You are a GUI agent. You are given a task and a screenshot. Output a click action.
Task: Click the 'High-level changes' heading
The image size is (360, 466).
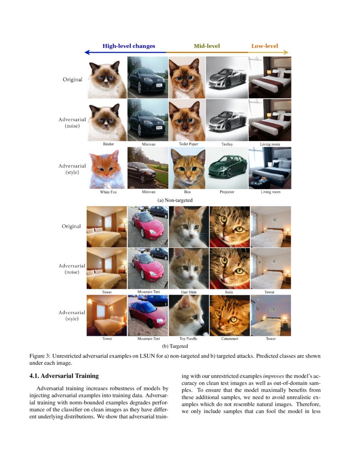pos(129,46)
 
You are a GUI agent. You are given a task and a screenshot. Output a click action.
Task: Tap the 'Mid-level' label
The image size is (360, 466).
pos(207,46)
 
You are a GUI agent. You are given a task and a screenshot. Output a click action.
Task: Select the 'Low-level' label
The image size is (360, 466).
pos(265,46)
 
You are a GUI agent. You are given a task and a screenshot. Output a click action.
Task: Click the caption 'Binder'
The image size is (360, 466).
pos(108,144)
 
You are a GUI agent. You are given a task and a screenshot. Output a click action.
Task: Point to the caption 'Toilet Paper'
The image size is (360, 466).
pos(188,144)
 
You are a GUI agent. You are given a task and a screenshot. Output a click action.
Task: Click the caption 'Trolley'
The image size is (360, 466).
pos(227,144)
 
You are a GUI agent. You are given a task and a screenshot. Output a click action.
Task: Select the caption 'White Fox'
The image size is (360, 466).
pos(108,192)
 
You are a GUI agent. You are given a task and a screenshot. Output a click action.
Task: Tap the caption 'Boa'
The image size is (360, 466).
pos(188,192)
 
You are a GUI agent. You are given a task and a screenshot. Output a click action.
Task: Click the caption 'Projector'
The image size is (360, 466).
pos(227,192)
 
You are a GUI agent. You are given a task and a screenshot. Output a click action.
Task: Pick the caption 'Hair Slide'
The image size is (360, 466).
pos(189,292)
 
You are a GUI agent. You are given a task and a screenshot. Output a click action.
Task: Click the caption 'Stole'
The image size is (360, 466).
pos(229,292)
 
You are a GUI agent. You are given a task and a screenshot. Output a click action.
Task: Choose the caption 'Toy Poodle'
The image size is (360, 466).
pos(189,339)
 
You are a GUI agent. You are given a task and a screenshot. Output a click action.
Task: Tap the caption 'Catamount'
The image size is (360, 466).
pos(229,339)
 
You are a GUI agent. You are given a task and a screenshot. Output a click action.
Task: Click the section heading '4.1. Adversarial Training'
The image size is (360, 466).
pos(64,375)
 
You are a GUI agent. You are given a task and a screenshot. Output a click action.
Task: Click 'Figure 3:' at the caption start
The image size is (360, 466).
pos(39,356)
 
